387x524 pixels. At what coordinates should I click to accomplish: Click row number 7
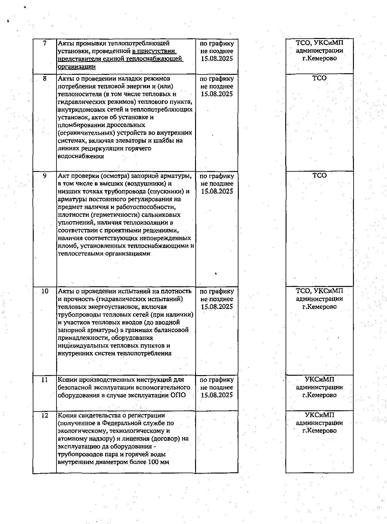[x=45, y=43]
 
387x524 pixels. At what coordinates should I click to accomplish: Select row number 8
[x=45, y=79]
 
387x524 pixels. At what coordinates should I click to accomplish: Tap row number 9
[x=45, y=176]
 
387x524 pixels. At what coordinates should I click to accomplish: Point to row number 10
[x=45, y=291]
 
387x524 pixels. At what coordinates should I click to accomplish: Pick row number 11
[x=45, y=380]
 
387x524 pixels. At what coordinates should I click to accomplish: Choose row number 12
[x=45, y=416]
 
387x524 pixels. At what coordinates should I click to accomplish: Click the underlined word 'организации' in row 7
[x=77, y=67]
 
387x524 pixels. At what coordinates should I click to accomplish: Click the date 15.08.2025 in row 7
[x=217, y=59]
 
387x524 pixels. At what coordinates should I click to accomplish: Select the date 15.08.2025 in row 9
[x=217, y=192]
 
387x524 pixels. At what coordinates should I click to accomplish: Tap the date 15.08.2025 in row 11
[x=217, y=395]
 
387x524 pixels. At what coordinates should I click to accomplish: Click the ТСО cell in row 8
[x=319, y=79]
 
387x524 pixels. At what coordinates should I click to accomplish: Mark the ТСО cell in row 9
[x=319, y=176]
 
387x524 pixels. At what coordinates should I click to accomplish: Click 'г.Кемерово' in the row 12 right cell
[x=319, y=431]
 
